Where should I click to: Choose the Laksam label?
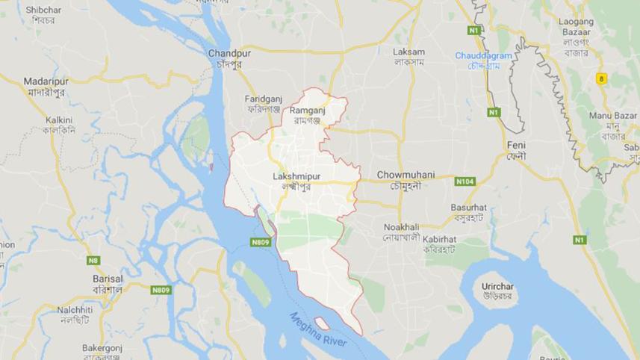click(408, 52)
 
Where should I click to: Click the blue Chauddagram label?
click(484, 56)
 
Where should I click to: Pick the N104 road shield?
click(465, 181)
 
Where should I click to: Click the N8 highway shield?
click(93, 260)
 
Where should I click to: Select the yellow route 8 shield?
click(601, 78)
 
